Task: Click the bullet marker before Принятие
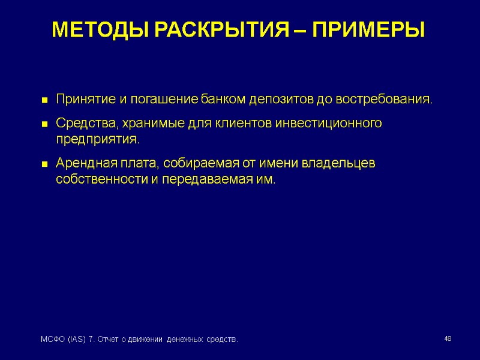coord(44,100)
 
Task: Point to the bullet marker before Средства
coord(44,124)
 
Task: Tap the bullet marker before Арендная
coord(44,164)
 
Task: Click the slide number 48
coord(447,340)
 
